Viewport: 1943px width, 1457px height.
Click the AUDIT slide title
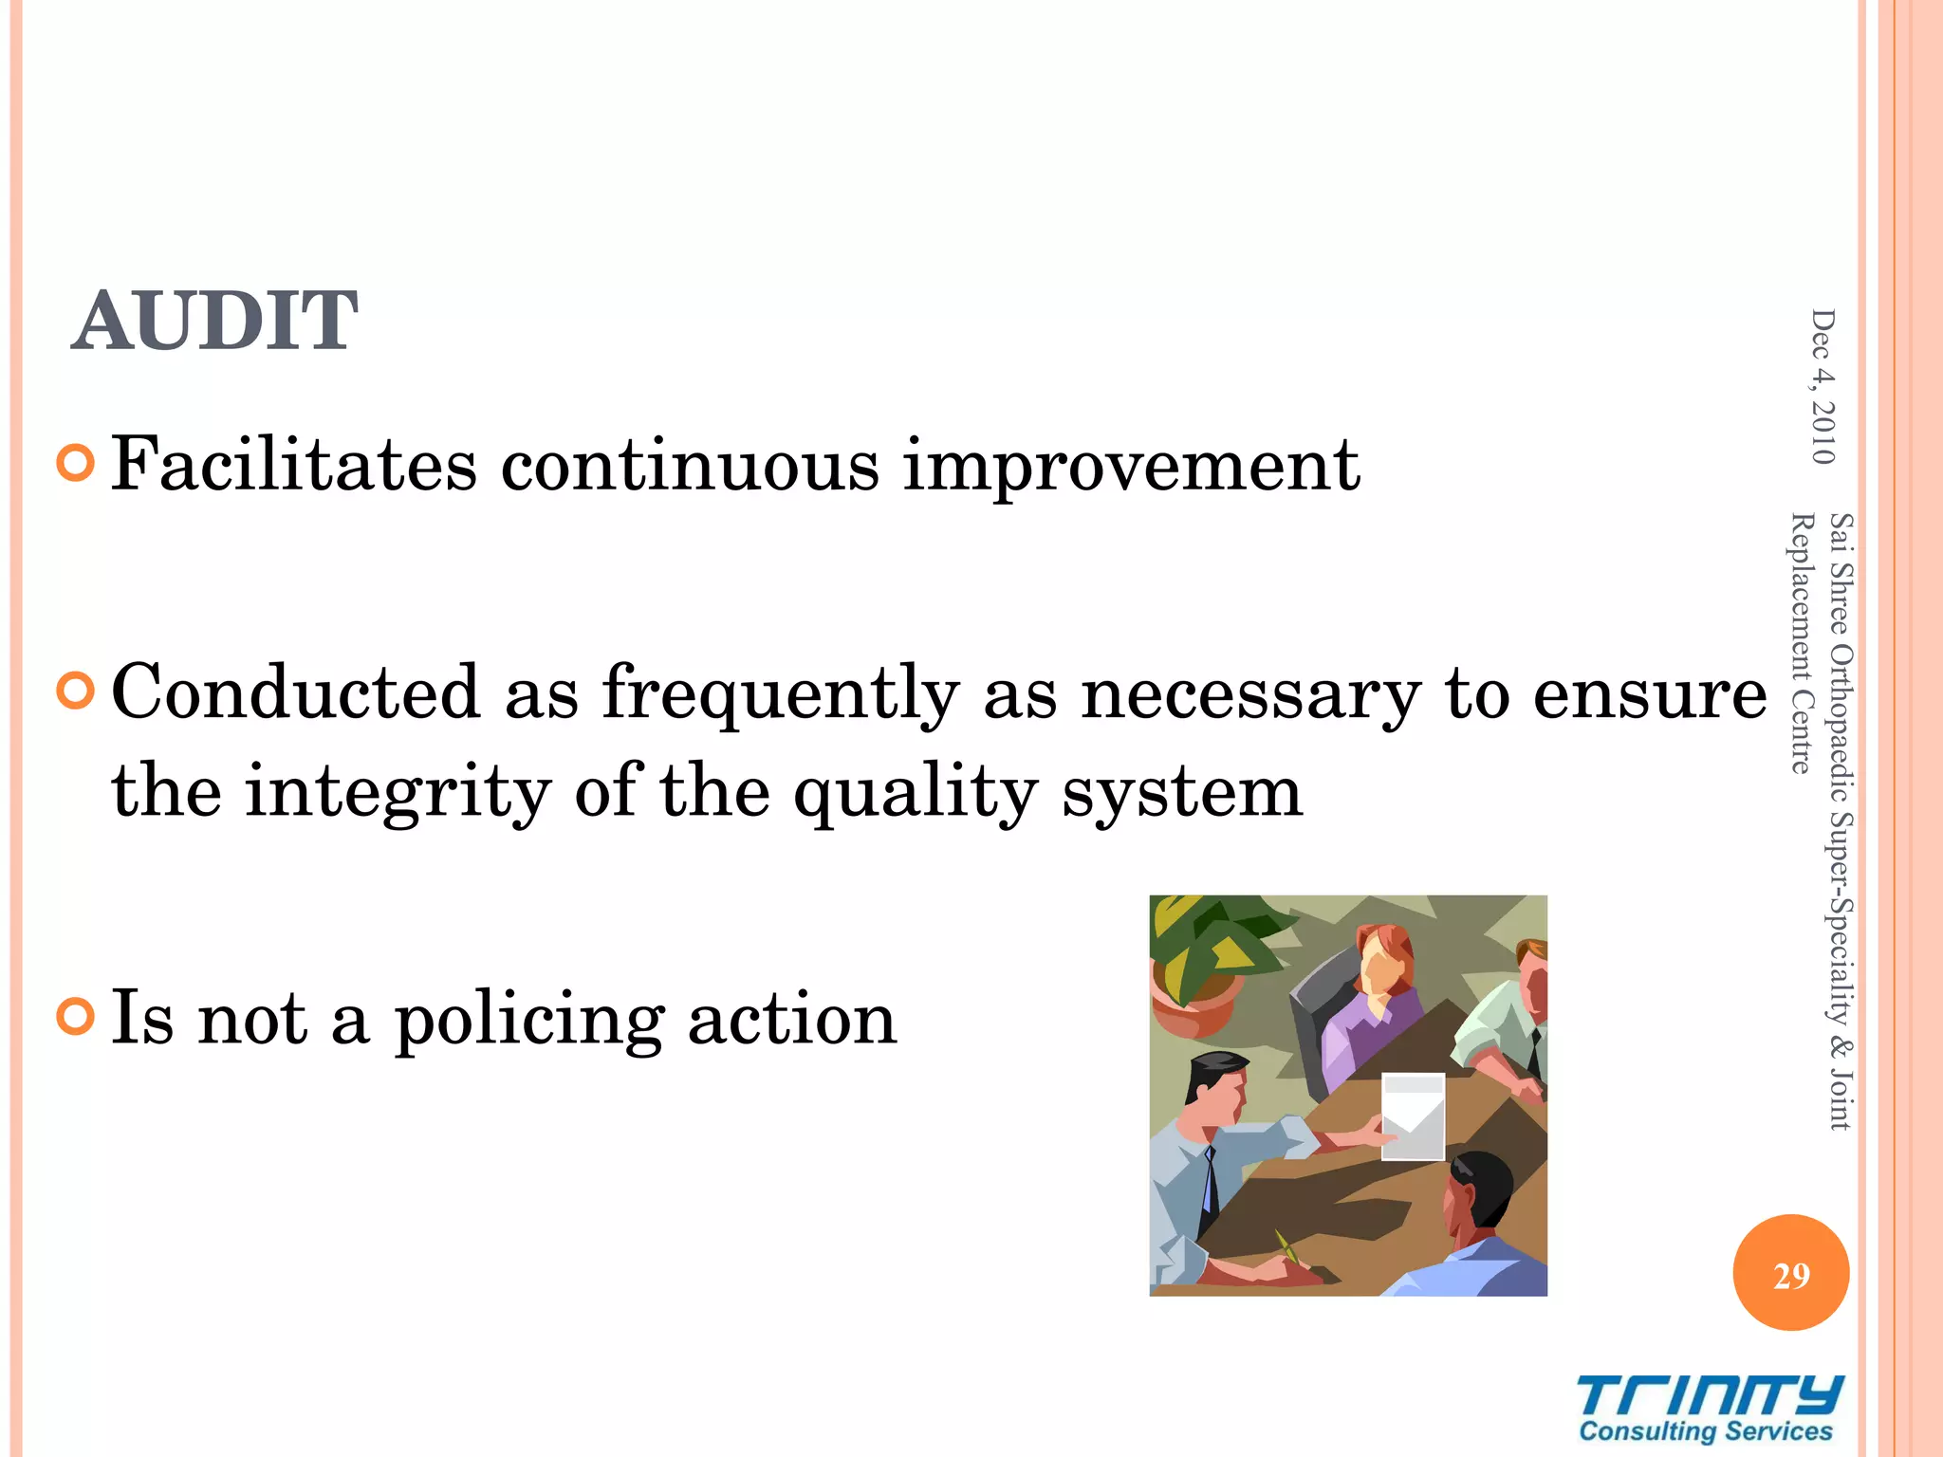click(x=214, y=321)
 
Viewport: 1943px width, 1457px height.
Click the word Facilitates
click(x=294, y=465)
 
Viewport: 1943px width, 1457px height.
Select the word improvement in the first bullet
click(x=1131, y=467)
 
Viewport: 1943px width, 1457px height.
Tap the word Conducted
click(x=295, y=692)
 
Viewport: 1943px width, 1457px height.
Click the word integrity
click(x=398, y=792)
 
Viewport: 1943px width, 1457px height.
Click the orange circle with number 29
click(x=1790, y=1273)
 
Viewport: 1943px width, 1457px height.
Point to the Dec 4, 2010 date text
click(x=1823, y=386)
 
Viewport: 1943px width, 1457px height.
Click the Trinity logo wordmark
click(x=1709, y=1396)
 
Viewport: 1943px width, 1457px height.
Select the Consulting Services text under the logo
click(x=1705, y=1431)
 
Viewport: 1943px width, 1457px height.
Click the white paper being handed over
click(x=1413, y=1116)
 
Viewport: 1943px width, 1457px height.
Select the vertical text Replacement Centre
click(x=1800, y=642)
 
